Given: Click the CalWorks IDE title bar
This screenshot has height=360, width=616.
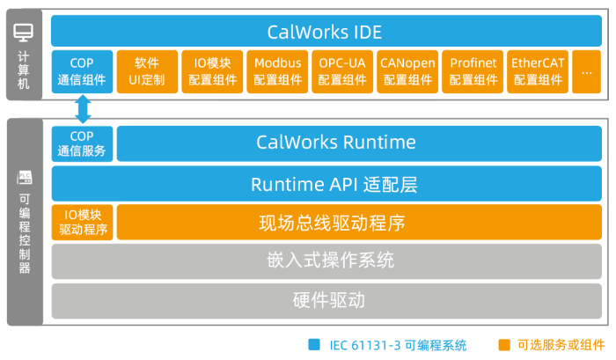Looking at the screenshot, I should [325, 32].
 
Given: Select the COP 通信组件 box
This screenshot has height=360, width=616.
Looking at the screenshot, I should [82, 71].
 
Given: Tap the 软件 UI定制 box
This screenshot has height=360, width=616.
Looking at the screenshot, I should [147, 71].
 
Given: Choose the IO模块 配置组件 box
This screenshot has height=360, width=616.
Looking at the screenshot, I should [212, 71].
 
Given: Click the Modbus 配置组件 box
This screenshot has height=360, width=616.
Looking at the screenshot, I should [277, 71].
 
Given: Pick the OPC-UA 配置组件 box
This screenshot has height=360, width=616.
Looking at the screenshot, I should [342, 71].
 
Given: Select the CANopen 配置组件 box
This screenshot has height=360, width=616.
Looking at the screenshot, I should [408, 71].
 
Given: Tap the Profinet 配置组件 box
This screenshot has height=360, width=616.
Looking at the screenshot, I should [473, 71].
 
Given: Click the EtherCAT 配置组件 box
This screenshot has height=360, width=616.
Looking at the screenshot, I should [538, 71].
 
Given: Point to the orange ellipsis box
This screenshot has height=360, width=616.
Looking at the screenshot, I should [587, 71].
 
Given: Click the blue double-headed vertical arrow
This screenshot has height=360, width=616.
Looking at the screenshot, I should [83, 109].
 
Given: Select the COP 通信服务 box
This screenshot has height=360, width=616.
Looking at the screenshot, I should [82, 143].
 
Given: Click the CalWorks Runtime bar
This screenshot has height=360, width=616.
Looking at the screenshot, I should [360, 143].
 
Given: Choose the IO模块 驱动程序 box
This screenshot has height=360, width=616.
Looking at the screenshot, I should [82, 223].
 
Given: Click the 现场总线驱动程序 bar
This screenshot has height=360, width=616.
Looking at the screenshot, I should [360, 223].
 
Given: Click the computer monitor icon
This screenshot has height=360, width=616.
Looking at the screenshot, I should [24, 33].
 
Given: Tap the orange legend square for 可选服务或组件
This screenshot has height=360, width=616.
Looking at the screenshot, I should [504, 344].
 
